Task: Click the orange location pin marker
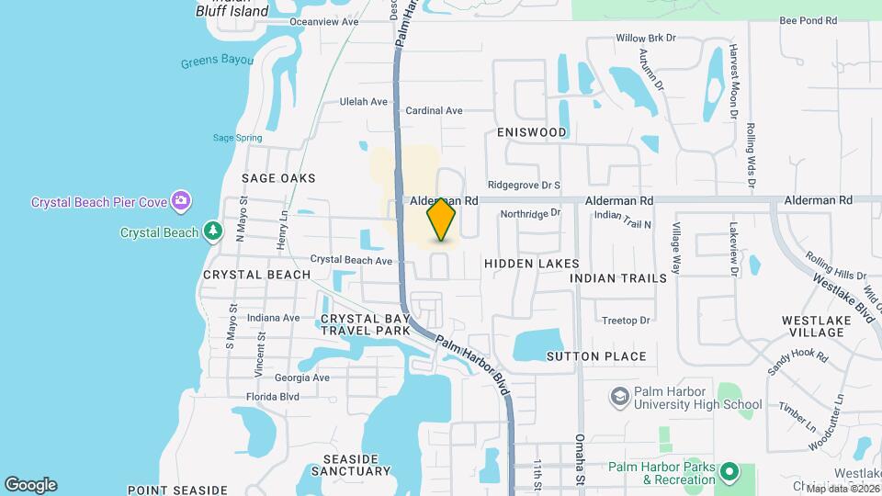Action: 442,220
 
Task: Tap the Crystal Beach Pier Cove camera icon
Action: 182,200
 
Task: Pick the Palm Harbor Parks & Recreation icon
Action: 730,473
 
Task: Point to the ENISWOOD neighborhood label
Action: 532,132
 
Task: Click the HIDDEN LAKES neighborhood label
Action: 532,264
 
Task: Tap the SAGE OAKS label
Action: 278,178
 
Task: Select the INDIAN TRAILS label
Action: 617,277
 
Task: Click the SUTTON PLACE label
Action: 596,356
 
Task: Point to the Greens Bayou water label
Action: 218,63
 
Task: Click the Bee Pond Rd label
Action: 808,20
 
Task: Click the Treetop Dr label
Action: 626,321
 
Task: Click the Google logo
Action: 30,485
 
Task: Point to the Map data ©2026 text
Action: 842,489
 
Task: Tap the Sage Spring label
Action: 237,138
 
